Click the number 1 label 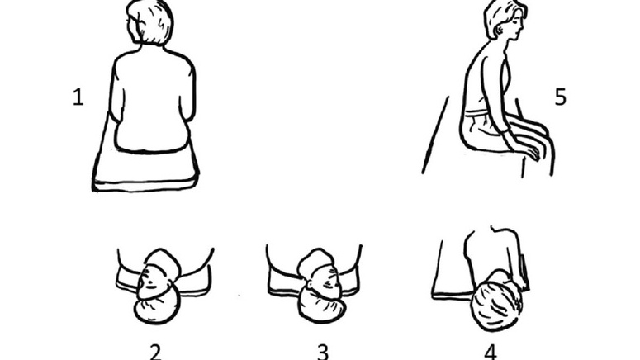pyautogui.click(x=78, y=98)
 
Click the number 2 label pyautogui.click(x=155, y=351)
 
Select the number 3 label pyautogui.click(x=323, y=351)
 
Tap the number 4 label pyautogui.click(x=491, y=351)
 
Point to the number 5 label pyautogui.click(x=561, y=97)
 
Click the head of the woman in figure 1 pyautogui.click(x=149, y=22)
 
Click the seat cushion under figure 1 pyautogui.click(x=147, y=168)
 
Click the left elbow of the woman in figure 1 pyautogui.click(x=116, y=120)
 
